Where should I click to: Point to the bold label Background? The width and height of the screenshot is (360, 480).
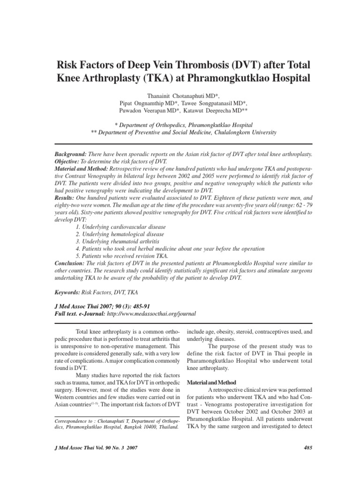coord(71,154)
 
